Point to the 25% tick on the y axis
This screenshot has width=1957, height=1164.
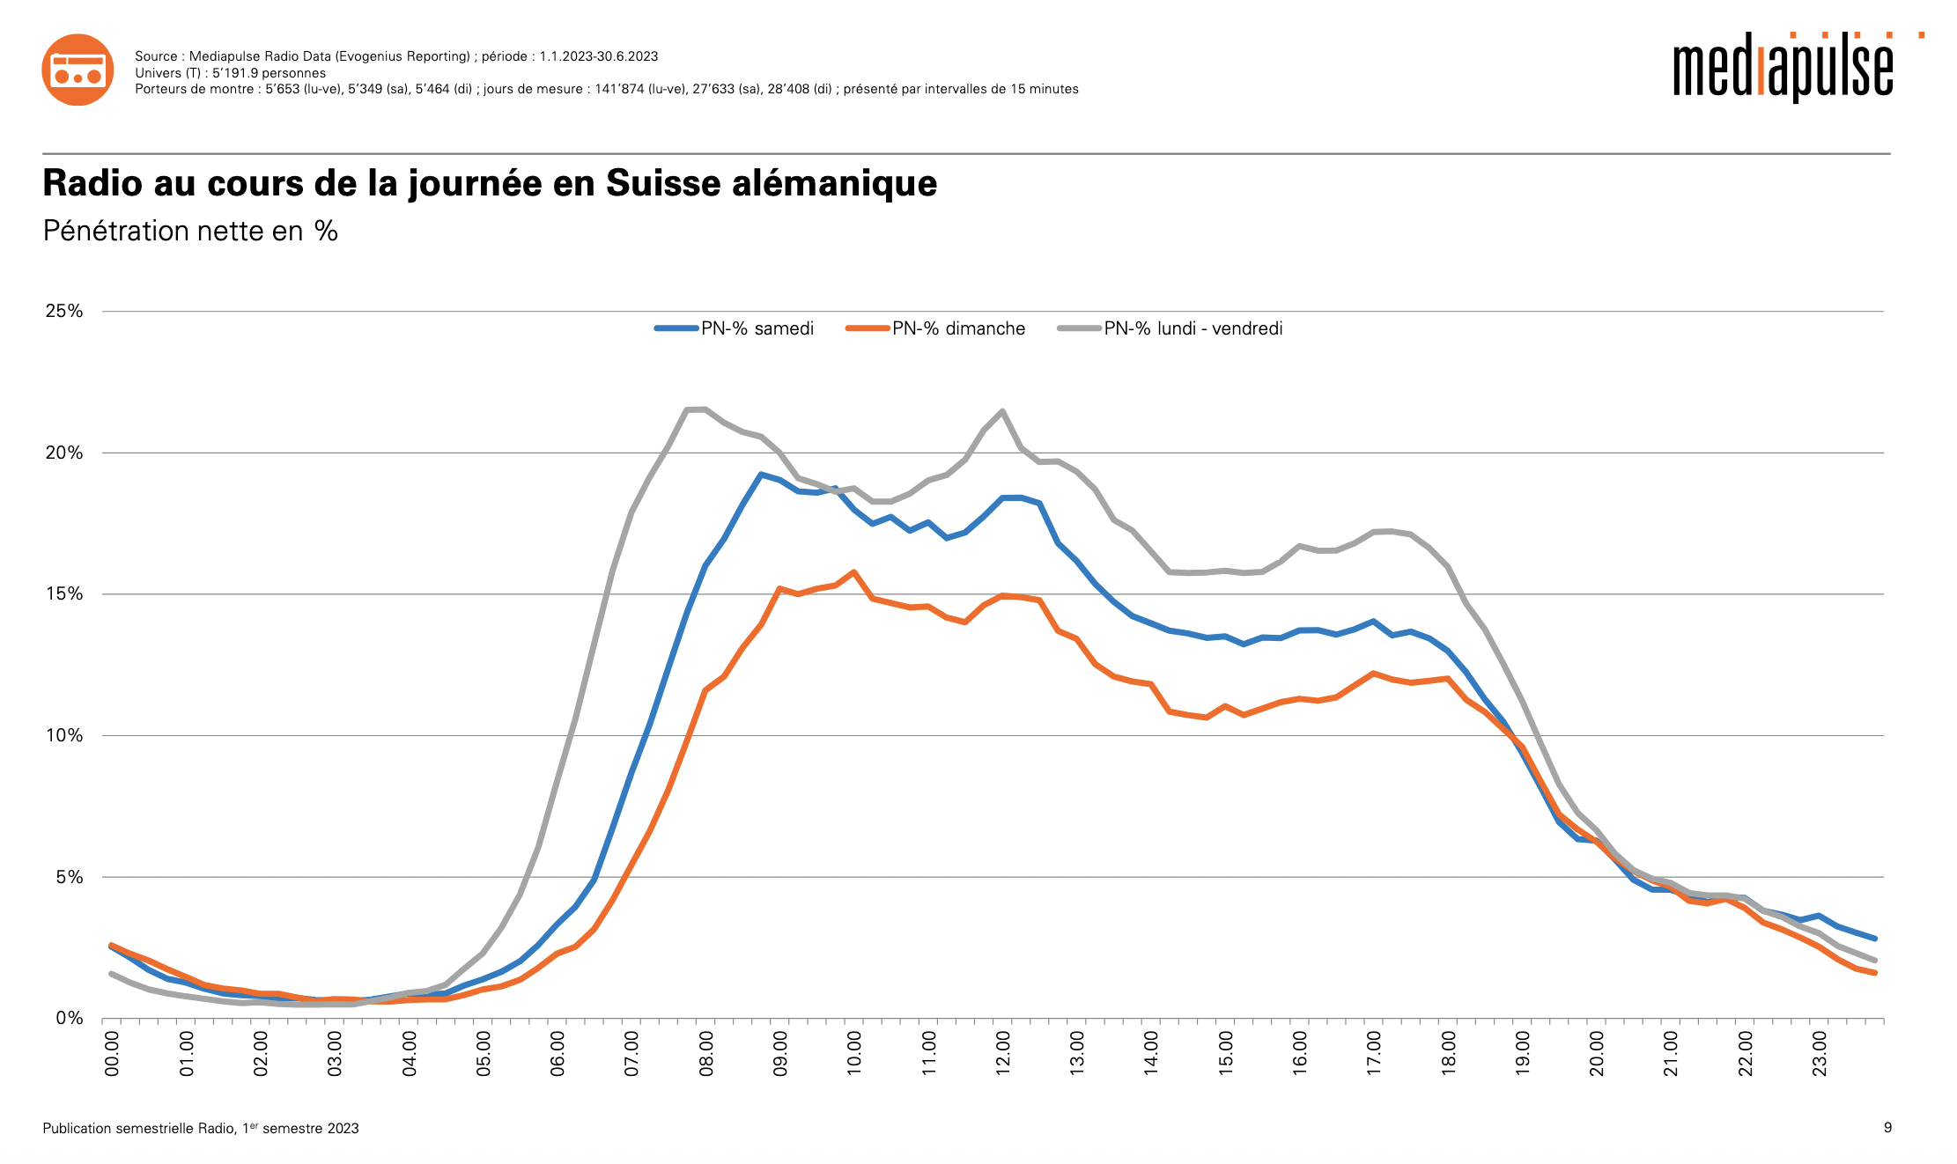click(64, 311)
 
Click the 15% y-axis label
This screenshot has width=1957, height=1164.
click(64, 593)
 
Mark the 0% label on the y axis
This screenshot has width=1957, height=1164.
click(69, 1018)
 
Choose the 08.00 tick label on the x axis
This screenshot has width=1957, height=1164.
click(706, 1054)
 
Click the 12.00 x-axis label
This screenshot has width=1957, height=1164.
click(1003, 1054)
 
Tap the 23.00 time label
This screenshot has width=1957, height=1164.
click(1820, 1054)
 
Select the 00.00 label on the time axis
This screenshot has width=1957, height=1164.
click(113, 1054)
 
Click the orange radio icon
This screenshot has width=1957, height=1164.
click(78, 70)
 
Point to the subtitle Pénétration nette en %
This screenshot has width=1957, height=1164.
click(190, 231)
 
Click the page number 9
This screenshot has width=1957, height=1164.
click(1887, 1127)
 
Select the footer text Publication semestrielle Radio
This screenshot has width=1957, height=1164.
click(139, 1128)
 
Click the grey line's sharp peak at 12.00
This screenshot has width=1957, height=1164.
click(1003, 411)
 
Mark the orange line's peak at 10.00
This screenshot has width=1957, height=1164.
click(854, 572)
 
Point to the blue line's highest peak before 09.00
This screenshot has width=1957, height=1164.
click(761, 475)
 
